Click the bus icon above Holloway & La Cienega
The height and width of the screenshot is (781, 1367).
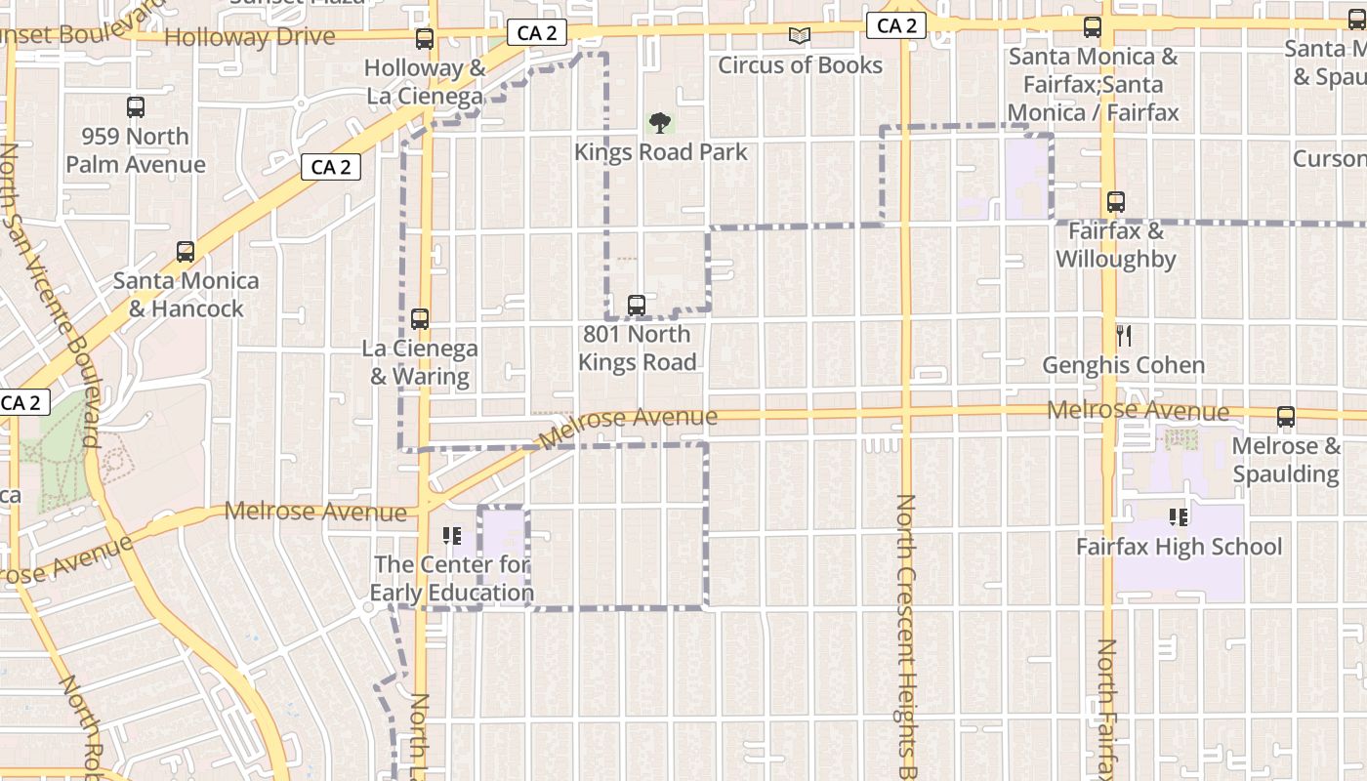[x=425, y=39]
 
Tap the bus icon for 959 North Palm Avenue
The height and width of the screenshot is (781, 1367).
[x=136, y=107]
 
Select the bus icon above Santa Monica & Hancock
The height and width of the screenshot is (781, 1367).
[x=186, y=252]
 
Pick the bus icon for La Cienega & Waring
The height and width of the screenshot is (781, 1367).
[x=420, y=319]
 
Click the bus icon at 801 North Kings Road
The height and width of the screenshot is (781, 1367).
[x=637, y=306]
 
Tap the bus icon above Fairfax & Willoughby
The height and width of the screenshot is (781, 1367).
[x=1116, y=202]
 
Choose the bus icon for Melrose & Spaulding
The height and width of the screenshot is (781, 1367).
[x=1286, y=417]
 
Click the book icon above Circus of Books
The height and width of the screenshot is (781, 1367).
[x=800, y=36]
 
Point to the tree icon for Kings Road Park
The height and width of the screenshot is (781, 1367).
[x=660, y=123]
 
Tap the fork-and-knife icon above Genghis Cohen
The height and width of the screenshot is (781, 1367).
[x=1124, y=337]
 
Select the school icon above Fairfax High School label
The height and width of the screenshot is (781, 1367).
[x=1179, y=516]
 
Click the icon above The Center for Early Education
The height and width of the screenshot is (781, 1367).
[x=451, y=535]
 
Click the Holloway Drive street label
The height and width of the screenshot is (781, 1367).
[x=250, y=38]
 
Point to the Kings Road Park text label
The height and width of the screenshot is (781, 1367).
[x=661, y=152]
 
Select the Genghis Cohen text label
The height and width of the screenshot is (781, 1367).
[x=1124, y=366]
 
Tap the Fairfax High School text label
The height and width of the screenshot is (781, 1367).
[x=1180, y=547]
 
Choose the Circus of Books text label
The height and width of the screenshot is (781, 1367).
[x=801, y=65]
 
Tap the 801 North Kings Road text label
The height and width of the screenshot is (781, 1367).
[x=638, y=349]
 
